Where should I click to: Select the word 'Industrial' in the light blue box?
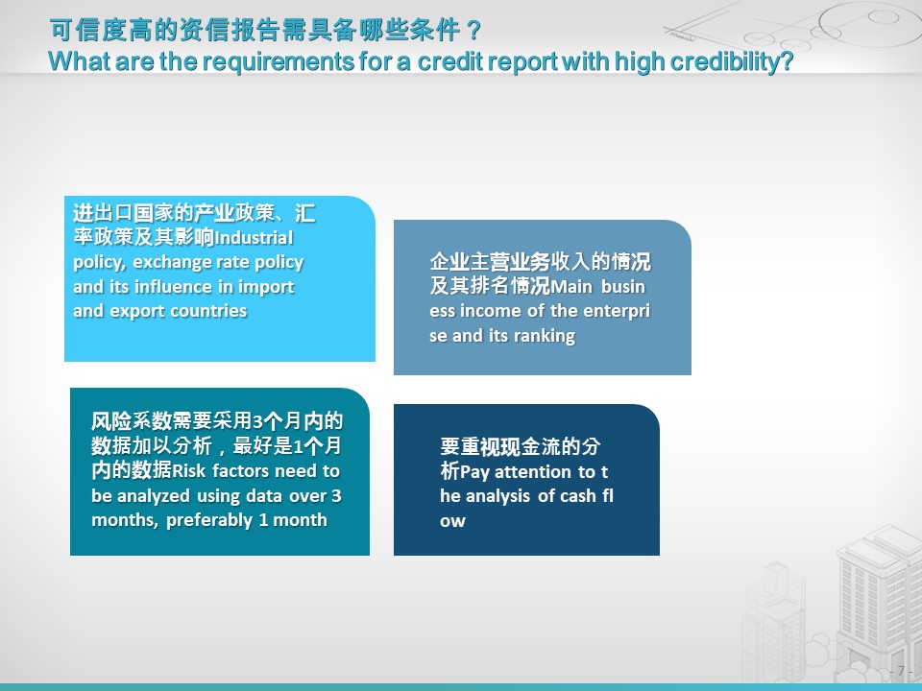click(x=254, y=238)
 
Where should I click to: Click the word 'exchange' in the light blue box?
click(x=171, y=263)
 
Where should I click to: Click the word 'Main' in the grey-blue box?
click(x=570, y=287)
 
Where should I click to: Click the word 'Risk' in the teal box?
click(x=189, y=471)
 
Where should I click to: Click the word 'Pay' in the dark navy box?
click(x=474, y=472)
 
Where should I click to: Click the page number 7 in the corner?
click(x=900, y=671)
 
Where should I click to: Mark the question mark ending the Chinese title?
click(x=473, y=31)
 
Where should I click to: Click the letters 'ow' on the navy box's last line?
click(x=452, y=521)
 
